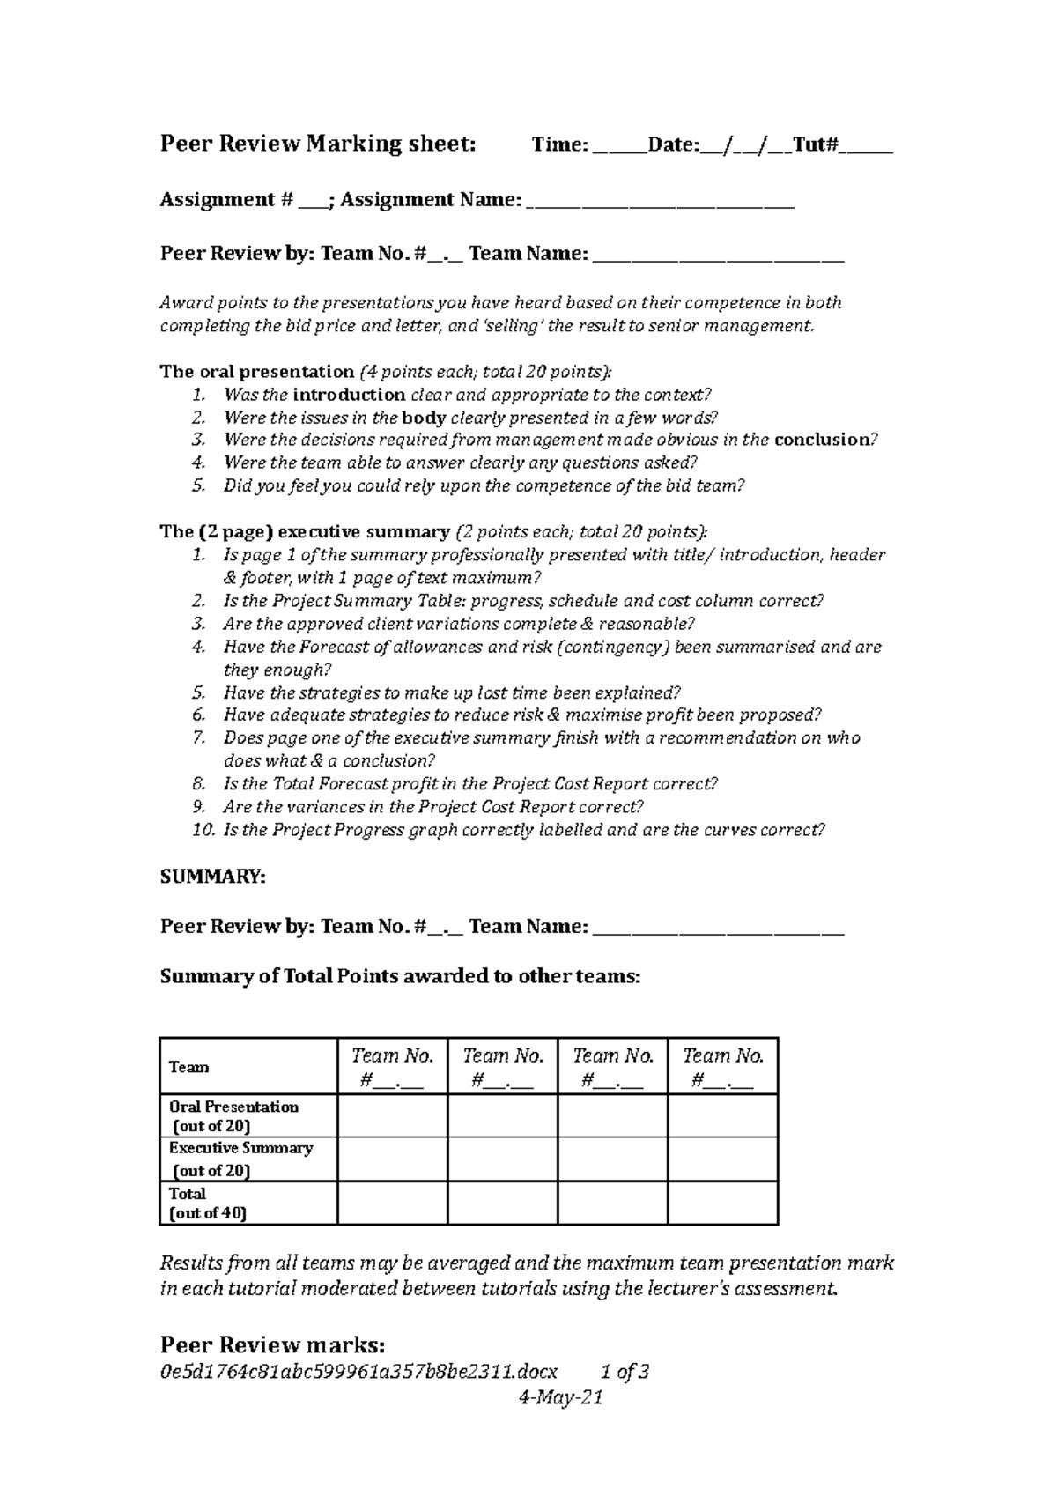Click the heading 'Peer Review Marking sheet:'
tap(318, 144)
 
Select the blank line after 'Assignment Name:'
tap(661, 203)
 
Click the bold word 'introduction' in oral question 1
tap(349, 395)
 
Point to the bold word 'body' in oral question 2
tap(424, 418)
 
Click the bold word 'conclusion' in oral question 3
tap(821, 440)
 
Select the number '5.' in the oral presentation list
tap(198, 485)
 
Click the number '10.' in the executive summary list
tap(203, 830)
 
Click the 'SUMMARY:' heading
tap(212, 878)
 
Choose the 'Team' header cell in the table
tap(189, 1067)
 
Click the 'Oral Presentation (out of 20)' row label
tap(233, 1115)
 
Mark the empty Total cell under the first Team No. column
tap(392, 1203)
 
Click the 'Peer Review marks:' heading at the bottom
tap(272, 1344)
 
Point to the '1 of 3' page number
tap(625, 1372)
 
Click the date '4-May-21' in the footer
tap(561, 1397)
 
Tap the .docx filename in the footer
tap(358, 1372)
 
